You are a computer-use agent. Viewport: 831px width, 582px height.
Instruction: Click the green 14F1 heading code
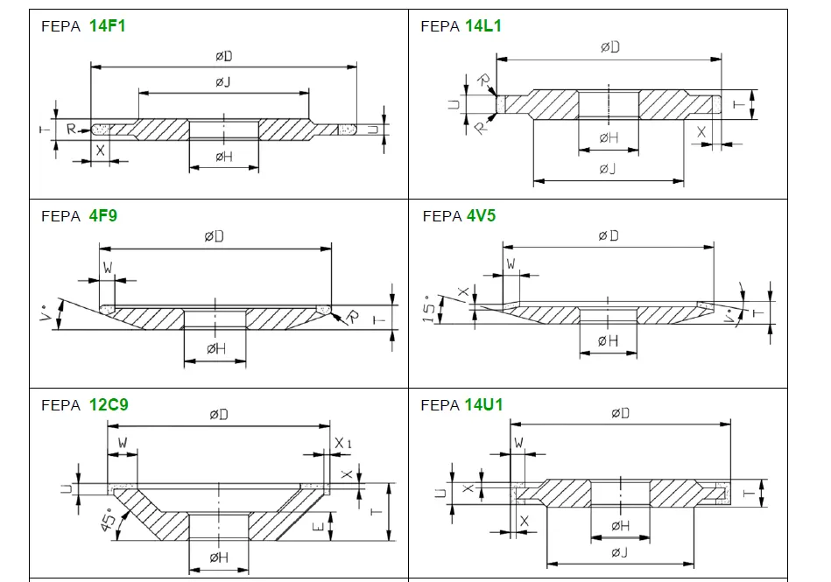107,26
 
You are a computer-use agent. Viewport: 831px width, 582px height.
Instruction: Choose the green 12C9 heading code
109,405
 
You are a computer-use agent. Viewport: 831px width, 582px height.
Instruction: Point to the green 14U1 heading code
483,405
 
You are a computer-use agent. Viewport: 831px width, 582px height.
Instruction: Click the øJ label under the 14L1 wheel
609,168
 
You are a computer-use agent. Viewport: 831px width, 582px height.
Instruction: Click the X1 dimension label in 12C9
343,445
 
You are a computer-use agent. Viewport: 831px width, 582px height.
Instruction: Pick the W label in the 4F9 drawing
108,268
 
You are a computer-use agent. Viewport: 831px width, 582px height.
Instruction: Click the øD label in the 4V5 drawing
608,236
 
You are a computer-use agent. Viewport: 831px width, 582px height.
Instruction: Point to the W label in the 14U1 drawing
518,444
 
